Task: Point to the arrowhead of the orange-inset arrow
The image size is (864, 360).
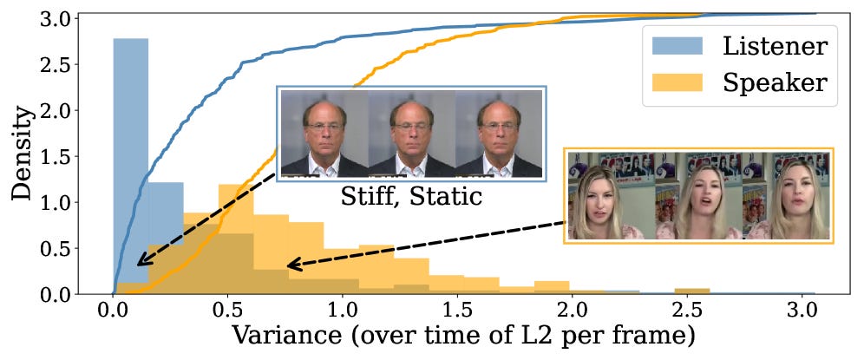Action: click(291, 265)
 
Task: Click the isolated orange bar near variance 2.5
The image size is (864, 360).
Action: click(692, 291)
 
